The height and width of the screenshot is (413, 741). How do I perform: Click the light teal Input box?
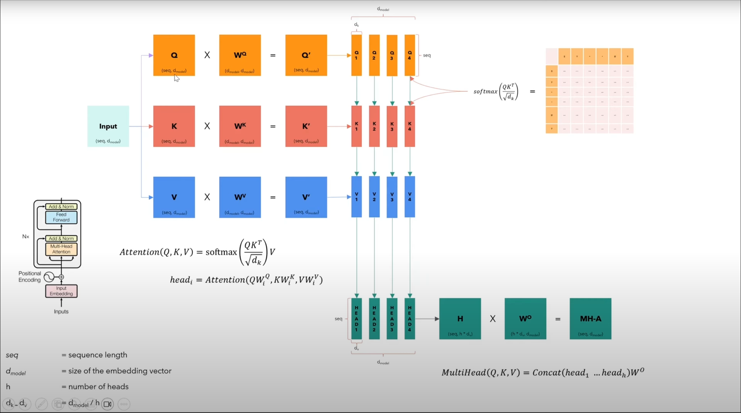pos(108,126)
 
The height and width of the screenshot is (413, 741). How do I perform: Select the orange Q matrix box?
pos(174,55)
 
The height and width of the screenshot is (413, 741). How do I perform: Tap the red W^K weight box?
pos(240,126)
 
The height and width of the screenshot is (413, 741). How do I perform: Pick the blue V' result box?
pos(306,197)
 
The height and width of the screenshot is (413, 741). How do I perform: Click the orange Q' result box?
pos(306,55)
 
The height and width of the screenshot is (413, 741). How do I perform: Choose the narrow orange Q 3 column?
pos(392,55)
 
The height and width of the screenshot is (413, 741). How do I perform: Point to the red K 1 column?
pos(356,126)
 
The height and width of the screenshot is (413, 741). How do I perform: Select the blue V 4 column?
pos(410,197)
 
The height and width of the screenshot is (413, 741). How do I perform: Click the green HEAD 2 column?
pos(374,318)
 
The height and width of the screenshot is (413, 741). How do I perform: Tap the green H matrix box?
pos(460,318)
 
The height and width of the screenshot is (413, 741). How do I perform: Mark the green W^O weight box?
pos(525,318)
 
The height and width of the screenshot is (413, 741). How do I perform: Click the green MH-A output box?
pos(591,318)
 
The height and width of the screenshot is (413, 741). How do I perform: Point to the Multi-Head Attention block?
pos(61,249)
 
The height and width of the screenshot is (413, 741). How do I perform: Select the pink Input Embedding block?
pos(61,291)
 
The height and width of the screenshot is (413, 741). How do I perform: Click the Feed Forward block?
pos(61,217)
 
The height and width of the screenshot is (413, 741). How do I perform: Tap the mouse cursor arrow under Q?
pos(177,78)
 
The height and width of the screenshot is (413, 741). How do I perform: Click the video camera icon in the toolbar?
pos(108,404)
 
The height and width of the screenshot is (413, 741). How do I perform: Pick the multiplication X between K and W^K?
pos(207,126)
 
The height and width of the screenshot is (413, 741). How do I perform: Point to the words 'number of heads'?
pos(99,387)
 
